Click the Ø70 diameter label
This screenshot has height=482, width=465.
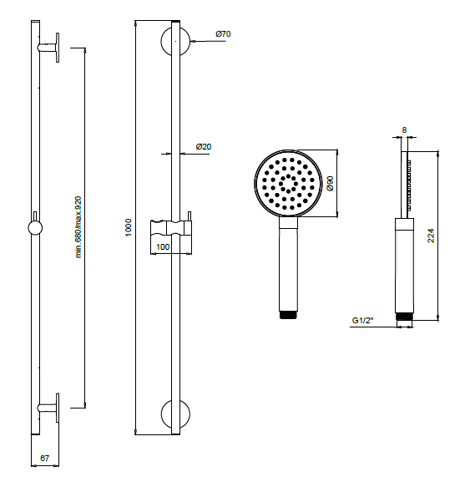(223, 34)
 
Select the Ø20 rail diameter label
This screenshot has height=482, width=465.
(203, 147)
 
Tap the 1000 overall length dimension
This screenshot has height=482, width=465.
(129, 228)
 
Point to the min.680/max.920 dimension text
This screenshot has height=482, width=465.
(78, 228)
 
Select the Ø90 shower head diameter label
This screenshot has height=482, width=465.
(331, 184)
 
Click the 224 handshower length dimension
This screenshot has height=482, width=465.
(431, 236)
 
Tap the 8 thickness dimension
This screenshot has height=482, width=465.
(404, 130)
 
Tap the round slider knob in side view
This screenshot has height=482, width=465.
(36, 228)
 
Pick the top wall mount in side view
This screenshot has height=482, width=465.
(50, 48)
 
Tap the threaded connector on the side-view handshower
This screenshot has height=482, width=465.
(404, 316)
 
